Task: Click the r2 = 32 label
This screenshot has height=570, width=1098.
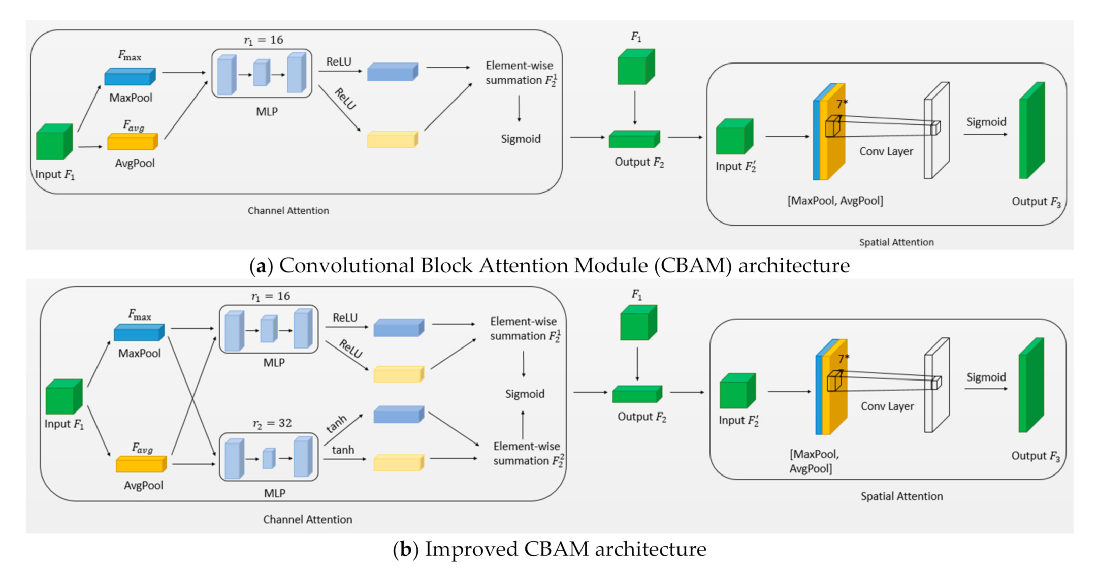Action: coord(272,423)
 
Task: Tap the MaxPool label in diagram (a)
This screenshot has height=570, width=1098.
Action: coord(131,98)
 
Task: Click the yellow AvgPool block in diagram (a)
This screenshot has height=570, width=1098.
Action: coord(132,142)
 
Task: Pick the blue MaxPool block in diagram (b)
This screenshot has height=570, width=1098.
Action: coord(139,333)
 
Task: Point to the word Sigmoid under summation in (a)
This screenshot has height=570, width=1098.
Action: coord(521,139)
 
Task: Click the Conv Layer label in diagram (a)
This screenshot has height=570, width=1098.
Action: coord(886,151)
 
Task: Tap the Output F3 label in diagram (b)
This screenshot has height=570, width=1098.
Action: coord(1036,456)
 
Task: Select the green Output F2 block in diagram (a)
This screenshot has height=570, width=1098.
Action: coord(634,139)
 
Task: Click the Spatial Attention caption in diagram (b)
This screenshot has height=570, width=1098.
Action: coord(901,496)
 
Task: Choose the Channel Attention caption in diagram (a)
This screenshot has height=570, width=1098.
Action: coord(288,211)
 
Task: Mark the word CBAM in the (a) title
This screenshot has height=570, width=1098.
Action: coord(692,266)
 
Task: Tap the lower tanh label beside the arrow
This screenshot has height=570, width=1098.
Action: coord(343,450)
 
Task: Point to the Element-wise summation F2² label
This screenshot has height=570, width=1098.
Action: coord(528,453)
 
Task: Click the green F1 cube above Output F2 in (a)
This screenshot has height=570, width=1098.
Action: coord(636,67)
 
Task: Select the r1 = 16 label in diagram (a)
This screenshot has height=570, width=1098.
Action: coord(263,40)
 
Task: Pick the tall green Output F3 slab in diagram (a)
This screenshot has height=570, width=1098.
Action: coord(1031,131)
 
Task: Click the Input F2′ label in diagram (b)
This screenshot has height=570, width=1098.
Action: coord(738,421)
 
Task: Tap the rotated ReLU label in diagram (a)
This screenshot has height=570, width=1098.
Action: coord(345,99)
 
